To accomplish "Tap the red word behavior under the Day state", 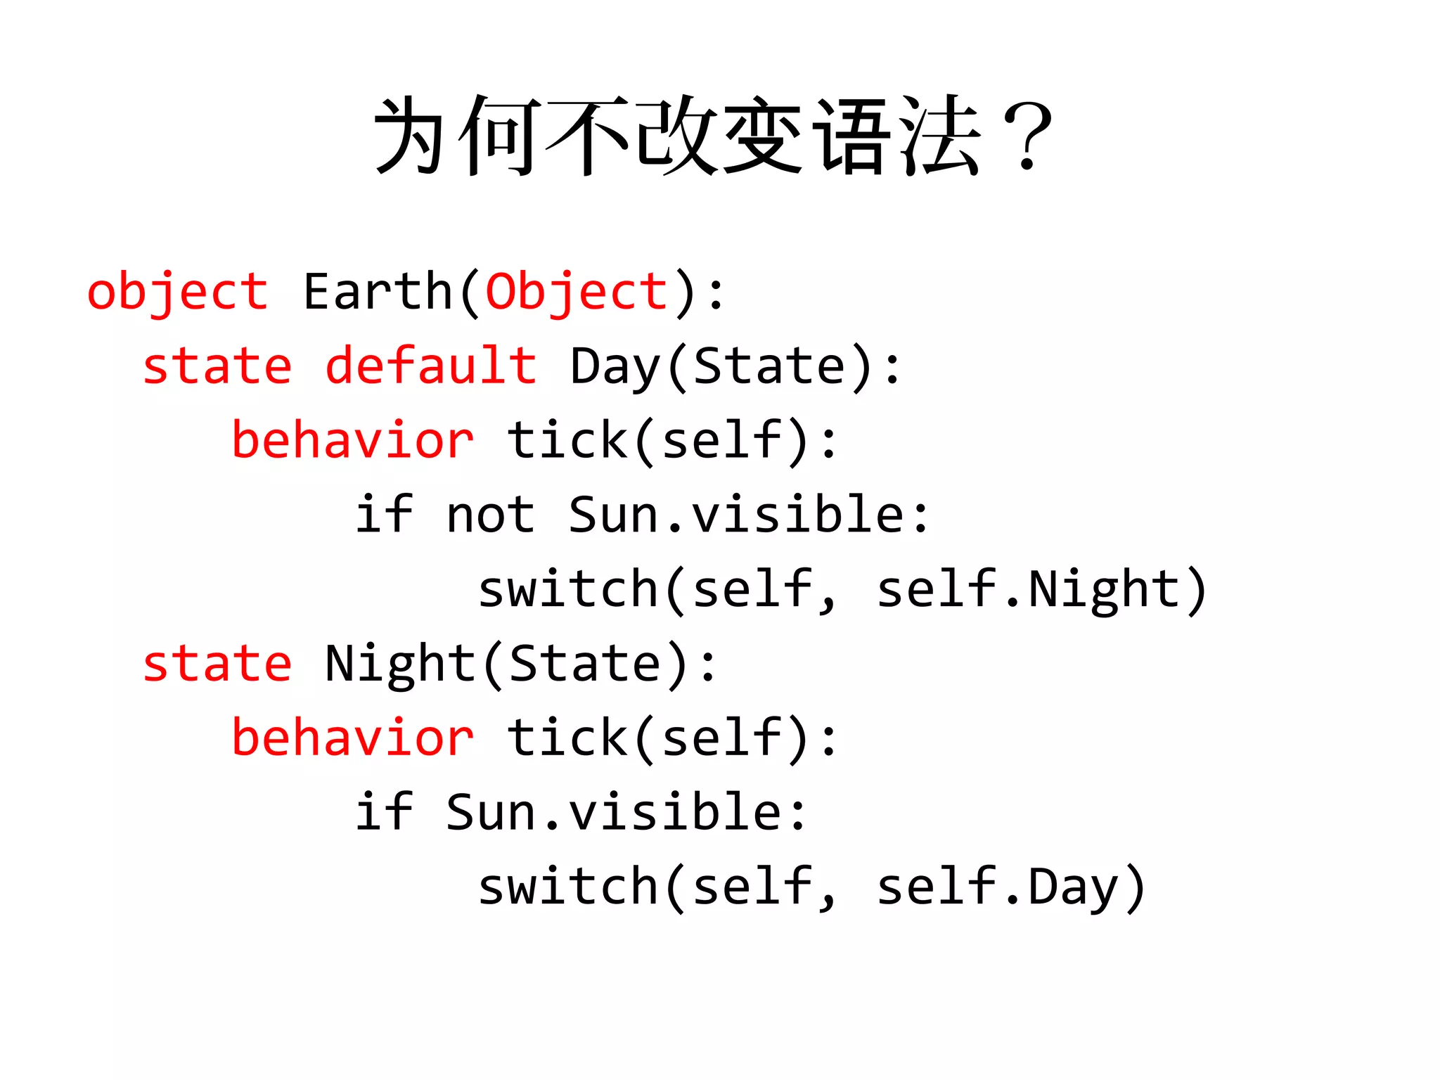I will tap(353, 440).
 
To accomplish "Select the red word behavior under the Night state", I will tap(353, 738).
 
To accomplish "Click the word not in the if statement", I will tap(491, 515).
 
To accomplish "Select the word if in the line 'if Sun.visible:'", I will tap(384, 812).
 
